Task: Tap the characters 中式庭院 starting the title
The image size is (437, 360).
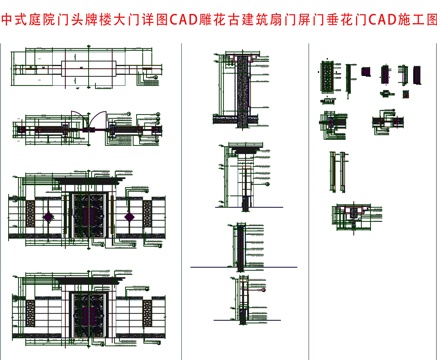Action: pyautogui.click(x=27, y=19)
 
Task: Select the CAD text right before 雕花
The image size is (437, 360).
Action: pyautogui.click(x=185, y=19)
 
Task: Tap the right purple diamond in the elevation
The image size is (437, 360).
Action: pyautogui.click(x=131, y=212)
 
